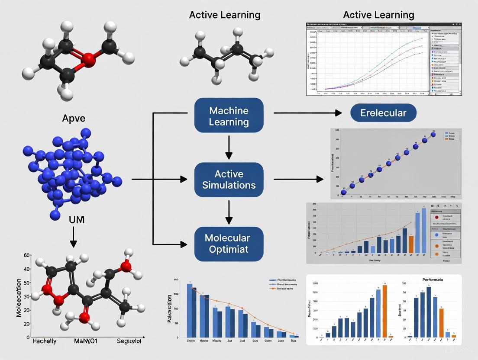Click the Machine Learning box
point(229,115)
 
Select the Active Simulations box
point(229,179)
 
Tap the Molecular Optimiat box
point(229,243)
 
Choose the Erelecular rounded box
point(383,113)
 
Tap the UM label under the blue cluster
point(77,219)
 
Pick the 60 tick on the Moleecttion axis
point(26,256)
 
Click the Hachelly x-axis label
point(45,341)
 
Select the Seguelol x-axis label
point(129,341)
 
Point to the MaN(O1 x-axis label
point(86,341)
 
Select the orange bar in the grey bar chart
point(411,244)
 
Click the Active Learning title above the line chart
point(378,15)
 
